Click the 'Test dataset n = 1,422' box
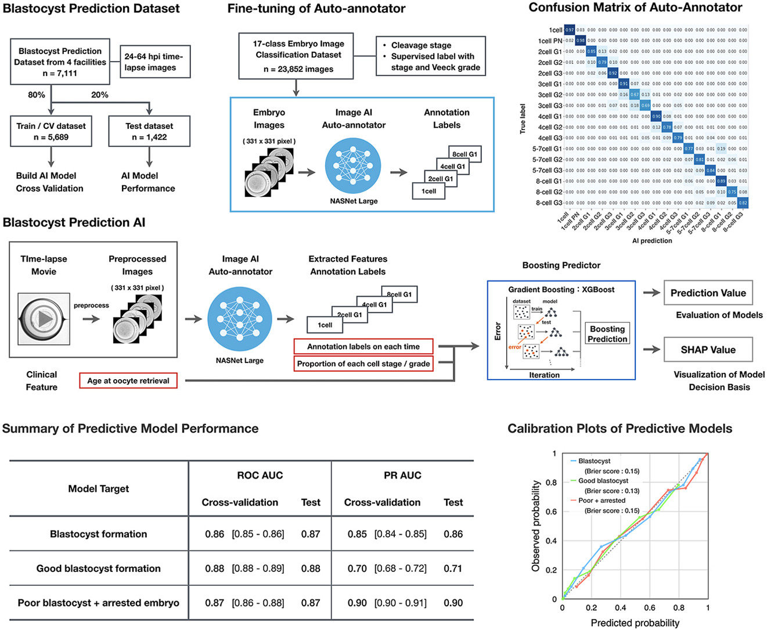coord(149,131)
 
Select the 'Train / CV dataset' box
coord(51,131)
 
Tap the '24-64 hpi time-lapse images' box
coord(153,62)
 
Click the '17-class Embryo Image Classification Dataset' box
coord(298,56)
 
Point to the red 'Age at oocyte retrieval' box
coord(128,381)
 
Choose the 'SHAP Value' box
coord(708,350)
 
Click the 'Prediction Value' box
coord(708,293)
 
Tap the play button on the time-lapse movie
coord(45,319)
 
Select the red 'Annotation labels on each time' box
coord(363,347)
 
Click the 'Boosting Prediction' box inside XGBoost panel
coord(607,334)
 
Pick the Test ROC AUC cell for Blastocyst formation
coord(311,534)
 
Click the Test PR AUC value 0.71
coord(453,568)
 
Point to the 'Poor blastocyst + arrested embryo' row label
coord(99,603)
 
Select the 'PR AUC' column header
coord(402,475)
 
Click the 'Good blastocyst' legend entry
coord(603,481)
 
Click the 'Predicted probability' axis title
coord(635,622)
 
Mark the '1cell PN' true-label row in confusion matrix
coord(550,41)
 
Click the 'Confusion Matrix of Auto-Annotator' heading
coord(635,8)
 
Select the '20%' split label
coord(100,95)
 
